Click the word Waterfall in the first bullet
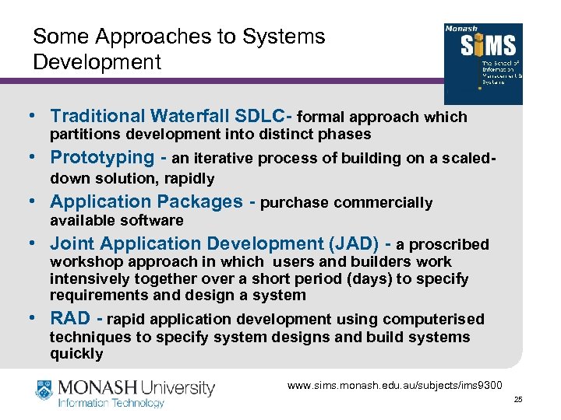click(194, 117)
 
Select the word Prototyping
click(102, 158)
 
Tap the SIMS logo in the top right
click(482, 64)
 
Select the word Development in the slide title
click(97, 61)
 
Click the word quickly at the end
click(76, 354)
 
